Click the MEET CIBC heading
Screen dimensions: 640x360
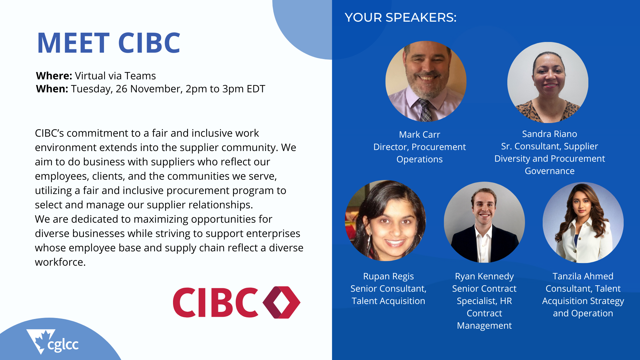(109, 43)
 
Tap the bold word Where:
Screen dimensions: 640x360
(54, 76)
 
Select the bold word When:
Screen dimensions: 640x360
(52, 89)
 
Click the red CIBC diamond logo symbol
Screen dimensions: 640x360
(282, 302)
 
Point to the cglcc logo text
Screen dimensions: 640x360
(63, 345)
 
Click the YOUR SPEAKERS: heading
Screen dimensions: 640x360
(401, 17)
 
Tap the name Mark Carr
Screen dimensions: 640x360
(419, 135)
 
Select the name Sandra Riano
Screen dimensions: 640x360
(549, 134)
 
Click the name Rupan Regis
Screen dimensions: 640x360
(388, 276)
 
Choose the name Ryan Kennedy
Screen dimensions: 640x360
(484, 276)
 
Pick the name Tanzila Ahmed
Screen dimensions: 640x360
(583, 276)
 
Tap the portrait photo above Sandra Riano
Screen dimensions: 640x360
(548, 82)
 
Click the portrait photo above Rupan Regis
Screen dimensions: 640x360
(385, 221)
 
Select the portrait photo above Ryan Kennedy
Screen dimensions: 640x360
(484, 222)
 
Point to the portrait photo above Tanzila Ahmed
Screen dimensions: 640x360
(583, 223)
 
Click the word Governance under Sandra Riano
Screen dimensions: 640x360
(550, 171)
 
